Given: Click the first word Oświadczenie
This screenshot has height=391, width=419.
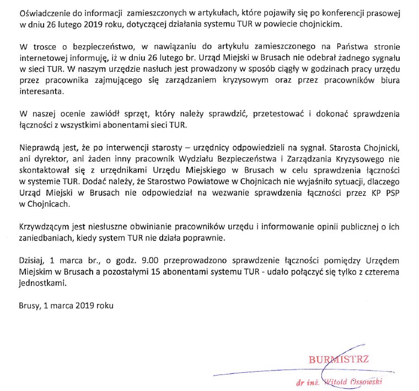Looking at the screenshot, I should (42, 12).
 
